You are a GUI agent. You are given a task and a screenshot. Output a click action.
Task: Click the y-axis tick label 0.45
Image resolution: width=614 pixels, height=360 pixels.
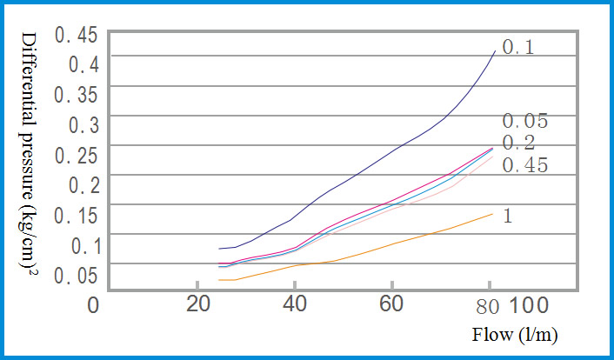[x=83, y=37]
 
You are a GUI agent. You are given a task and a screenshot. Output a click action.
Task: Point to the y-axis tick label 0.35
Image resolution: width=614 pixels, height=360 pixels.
[x=83, y=94]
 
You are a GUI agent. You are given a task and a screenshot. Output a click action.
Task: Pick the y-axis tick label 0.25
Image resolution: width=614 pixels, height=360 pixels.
[x=83, y=156]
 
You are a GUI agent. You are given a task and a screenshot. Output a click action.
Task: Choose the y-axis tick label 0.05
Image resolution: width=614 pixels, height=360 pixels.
[x=83, y=276]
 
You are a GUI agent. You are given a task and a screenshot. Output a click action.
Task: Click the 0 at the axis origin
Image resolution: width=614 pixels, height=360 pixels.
[x=95, y=305]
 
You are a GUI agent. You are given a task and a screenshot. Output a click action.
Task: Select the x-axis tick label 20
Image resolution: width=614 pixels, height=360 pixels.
[x=200, y=305]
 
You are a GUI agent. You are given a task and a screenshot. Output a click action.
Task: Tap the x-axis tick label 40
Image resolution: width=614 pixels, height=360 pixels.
[x=296, y=305]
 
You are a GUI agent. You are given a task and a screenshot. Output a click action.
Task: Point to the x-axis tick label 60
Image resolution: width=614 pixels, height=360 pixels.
[x=392, y=305]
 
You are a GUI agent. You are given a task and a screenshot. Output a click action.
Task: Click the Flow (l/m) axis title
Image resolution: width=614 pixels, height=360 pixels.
[x=515, y=335]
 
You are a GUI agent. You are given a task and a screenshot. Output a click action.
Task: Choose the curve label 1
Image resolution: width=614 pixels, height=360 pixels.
[x=507, y=215]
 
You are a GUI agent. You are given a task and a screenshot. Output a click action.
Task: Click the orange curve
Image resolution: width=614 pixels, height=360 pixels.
[x=391, y=244]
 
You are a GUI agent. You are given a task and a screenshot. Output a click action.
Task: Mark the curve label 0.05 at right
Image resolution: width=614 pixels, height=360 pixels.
[x=524, y=121]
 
